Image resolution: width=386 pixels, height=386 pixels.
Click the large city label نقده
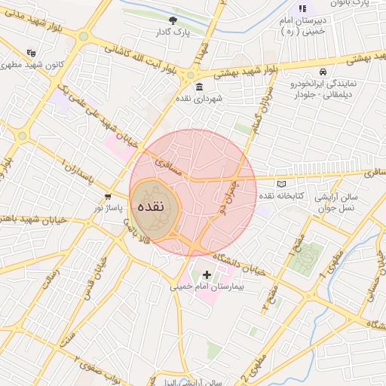156,210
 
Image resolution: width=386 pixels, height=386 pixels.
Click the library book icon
282,183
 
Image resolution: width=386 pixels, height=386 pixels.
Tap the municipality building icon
199,88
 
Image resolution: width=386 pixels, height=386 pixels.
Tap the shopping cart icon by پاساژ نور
109,197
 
